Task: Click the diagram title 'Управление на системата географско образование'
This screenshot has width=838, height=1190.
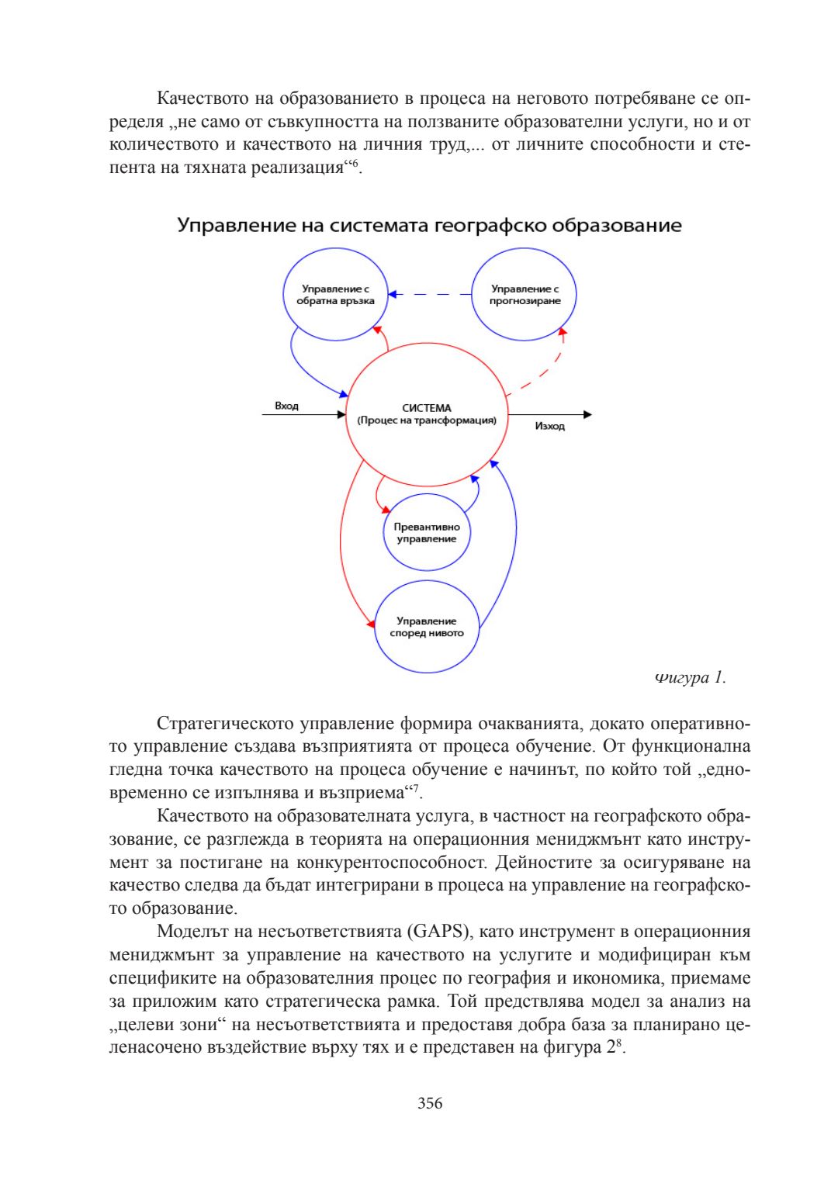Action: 429,226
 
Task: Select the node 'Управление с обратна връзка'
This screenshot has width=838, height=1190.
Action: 335,295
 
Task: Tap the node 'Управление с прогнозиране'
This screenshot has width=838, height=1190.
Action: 525,295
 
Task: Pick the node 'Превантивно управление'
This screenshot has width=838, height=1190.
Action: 426,533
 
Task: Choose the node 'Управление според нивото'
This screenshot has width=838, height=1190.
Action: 426,627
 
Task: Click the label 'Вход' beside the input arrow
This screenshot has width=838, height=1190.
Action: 286,406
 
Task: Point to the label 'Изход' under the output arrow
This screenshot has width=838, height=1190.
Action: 549,427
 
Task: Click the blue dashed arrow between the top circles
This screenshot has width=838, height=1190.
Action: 431,295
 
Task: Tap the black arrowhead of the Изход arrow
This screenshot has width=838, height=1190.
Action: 587,415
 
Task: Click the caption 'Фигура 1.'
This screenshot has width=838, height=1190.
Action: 690,677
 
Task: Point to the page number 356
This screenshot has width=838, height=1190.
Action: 429,1103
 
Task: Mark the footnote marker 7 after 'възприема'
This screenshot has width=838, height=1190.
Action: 415,788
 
